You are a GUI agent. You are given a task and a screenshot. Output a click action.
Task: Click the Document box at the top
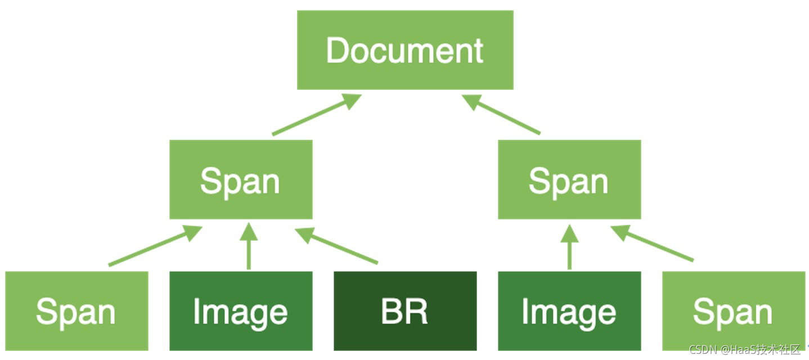pyautogui.click(x=405, y=49)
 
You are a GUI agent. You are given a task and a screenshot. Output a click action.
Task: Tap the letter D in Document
pyautogui.click(x=336, y=51)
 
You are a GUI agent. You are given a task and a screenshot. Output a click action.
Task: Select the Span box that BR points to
pyautogui.click(x=241, y=179)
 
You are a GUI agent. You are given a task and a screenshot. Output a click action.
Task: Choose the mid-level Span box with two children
pyautogui.click(x=569, y=179)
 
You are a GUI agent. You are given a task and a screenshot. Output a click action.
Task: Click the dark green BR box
pyautogui.click(x=405, y=311)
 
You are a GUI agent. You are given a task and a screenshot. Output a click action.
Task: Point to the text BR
pyautogui.click(x=405, y=312)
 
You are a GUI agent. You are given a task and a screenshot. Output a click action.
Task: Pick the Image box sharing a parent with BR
pyautogui.click(x=241, y=311)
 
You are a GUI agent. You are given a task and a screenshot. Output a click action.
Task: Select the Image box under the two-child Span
pyautogui.click(x=569, y=311)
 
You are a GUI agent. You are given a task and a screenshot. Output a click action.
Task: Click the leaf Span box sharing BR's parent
pyautogui.click(x=77, y=311)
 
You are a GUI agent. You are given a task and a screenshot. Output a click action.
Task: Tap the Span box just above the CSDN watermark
pyautogui.click(x=734, y=311)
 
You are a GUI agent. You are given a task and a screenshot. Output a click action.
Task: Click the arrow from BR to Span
pyautogui.click(x=338, y=246)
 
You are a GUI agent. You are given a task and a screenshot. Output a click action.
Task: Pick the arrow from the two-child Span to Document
pyautogui.click(x=501, y=115)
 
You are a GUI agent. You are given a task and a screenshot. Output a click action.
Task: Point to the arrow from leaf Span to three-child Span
pyautogui.click(x=155, y=246)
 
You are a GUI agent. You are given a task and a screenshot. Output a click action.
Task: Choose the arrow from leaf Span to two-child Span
pyautogui.click(x=653, y=244)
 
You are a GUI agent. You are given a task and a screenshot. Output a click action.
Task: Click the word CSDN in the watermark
pyautogui.click(x=703, y=350)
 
